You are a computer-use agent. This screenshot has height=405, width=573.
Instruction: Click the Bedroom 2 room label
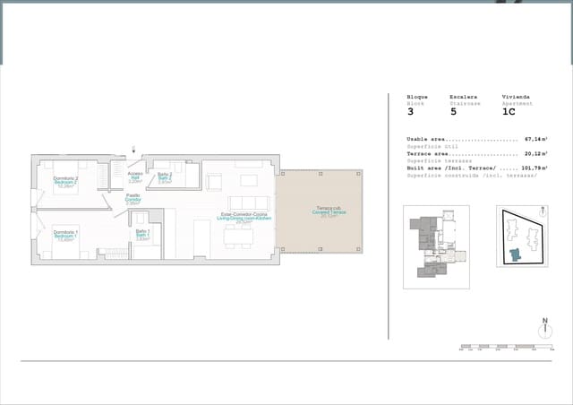point(65,183)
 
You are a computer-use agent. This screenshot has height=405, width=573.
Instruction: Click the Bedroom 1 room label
point(64,235)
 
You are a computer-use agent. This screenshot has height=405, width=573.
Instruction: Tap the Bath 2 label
point(165,177)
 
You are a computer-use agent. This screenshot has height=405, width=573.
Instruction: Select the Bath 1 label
point(142,235)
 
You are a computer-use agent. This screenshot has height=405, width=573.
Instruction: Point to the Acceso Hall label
point(135,177)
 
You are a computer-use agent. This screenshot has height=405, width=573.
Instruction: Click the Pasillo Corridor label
point(133,199)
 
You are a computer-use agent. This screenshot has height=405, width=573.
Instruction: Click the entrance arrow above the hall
point(133,150)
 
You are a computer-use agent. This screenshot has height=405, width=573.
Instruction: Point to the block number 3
point(411,112)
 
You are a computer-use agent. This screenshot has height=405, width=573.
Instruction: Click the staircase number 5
point(453,112)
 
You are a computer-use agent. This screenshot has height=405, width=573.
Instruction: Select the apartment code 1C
point(509,112)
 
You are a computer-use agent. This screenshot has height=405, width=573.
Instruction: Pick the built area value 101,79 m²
point(535,168)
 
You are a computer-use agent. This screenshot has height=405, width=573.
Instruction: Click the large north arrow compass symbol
point(543,329)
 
